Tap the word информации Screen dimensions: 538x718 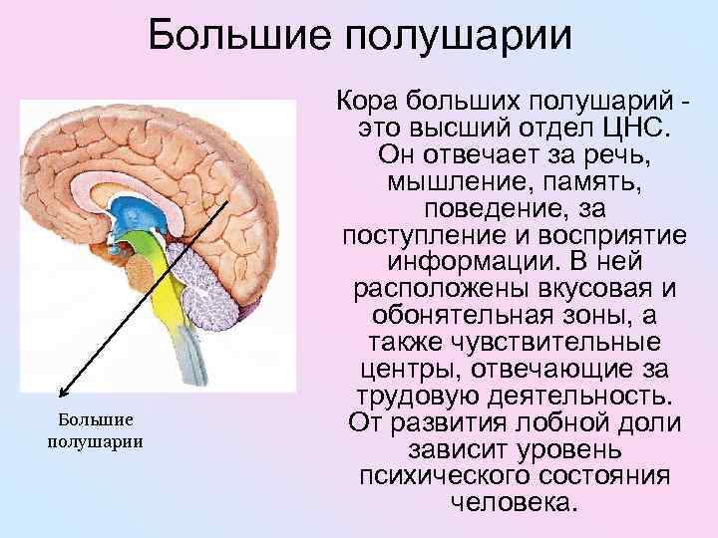click(x=451, y=264)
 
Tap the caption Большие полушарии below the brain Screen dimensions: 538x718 click(x=96, y=430)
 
